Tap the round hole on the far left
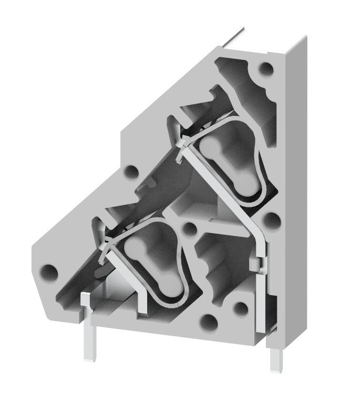49,272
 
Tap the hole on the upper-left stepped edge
130,172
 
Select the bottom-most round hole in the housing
209,321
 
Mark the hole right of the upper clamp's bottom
270,219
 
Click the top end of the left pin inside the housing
85,298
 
